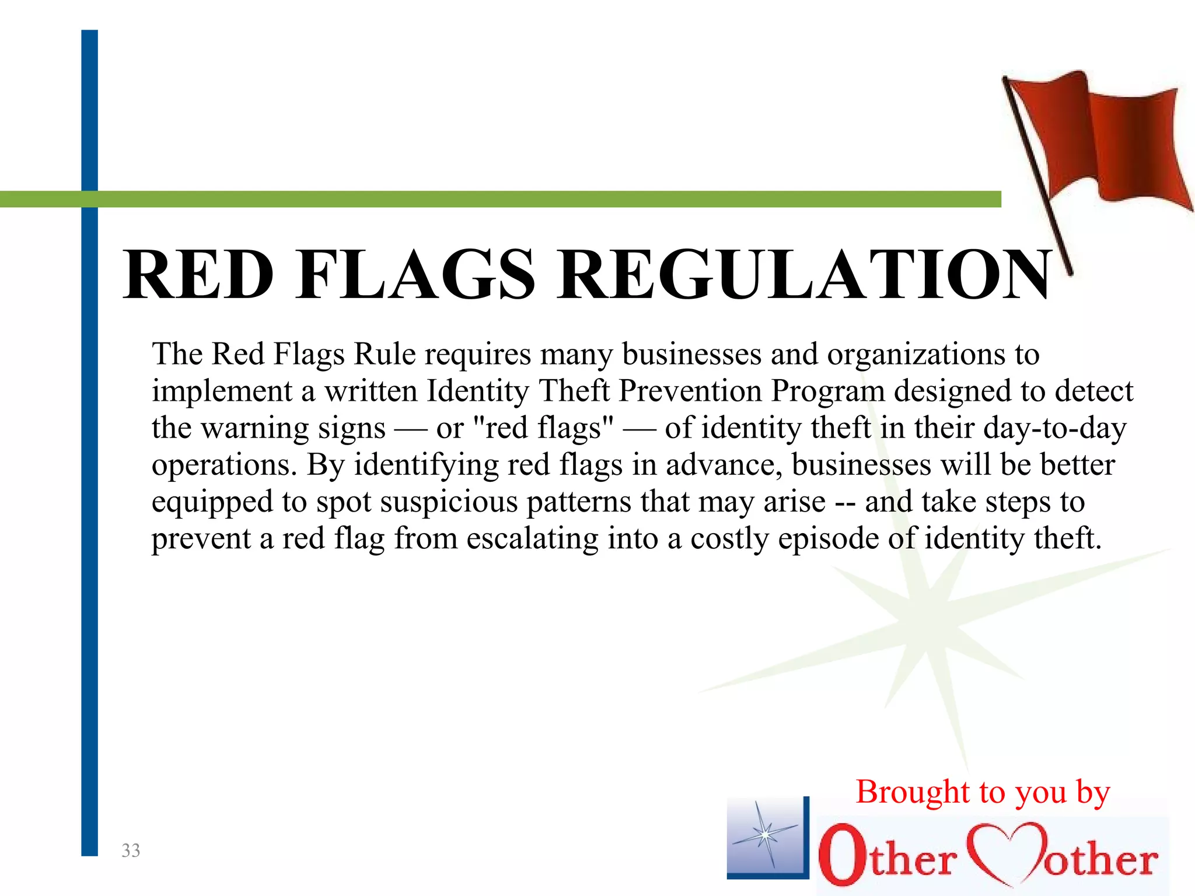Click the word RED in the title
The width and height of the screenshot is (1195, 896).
tap(198, 274)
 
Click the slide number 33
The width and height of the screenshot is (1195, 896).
tap(131, 850)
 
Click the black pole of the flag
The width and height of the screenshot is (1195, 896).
tap(1039, 175)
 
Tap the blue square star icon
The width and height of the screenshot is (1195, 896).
tap(766, 837)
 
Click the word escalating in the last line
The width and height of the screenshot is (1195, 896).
tap(532, 539)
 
